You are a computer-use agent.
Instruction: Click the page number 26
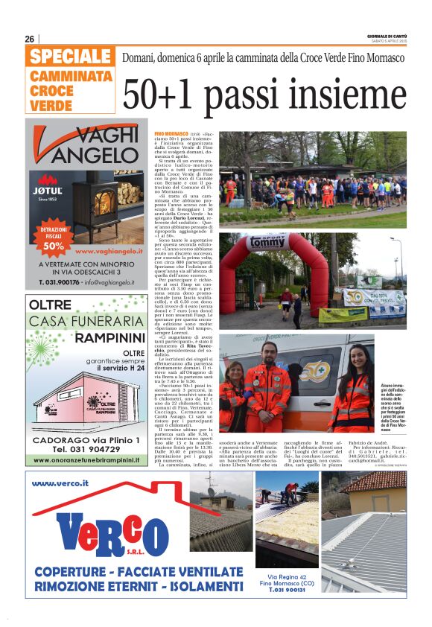30,39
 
